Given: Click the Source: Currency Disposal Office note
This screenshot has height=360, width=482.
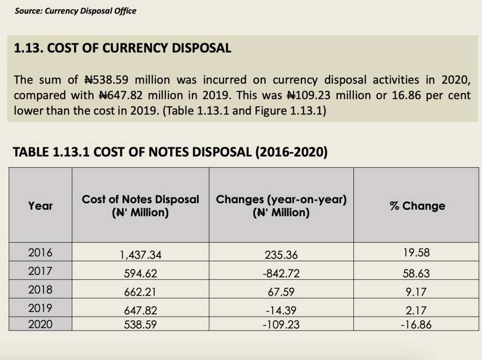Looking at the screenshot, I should click(75, 11).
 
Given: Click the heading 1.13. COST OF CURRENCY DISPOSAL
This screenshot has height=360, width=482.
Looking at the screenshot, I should click(122, 48).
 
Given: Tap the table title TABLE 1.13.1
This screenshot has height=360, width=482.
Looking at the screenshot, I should click(170, 152).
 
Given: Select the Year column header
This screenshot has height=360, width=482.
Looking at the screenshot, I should click(40, 206).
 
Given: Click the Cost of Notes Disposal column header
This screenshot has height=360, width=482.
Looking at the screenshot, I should click(140, 206).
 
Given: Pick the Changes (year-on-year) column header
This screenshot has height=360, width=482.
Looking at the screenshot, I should click(281, 206).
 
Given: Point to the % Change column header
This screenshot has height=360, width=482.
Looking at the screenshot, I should click(417, 206).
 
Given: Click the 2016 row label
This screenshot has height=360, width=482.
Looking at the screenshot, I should click(40, 252).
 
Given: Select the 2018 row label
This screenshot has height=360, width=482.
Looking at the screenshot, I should click(40, 289).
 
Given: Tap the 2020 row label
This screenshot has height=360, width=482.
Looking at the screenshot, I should click(40, 324).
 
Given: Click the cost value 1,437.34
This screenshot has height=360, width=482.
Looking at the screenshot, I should click(140, 255).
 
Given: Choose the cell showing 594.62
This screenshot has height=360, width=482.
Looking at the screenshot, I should click(140, 274).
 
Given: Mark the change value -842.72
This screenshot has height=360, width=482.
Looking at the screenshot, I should click(281, 274).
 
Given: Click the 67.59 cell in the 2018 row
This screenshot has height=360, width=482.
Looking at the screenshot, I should click(281, 292).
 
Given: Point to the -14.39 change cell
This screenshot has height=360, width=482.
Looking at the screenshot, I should click(281, 311).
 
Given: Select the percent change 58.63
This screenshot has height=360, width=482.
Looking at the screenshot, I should click(417, 274).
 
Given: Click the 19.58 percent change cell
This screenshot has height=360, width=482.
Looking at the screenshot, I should click(417, 253).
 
